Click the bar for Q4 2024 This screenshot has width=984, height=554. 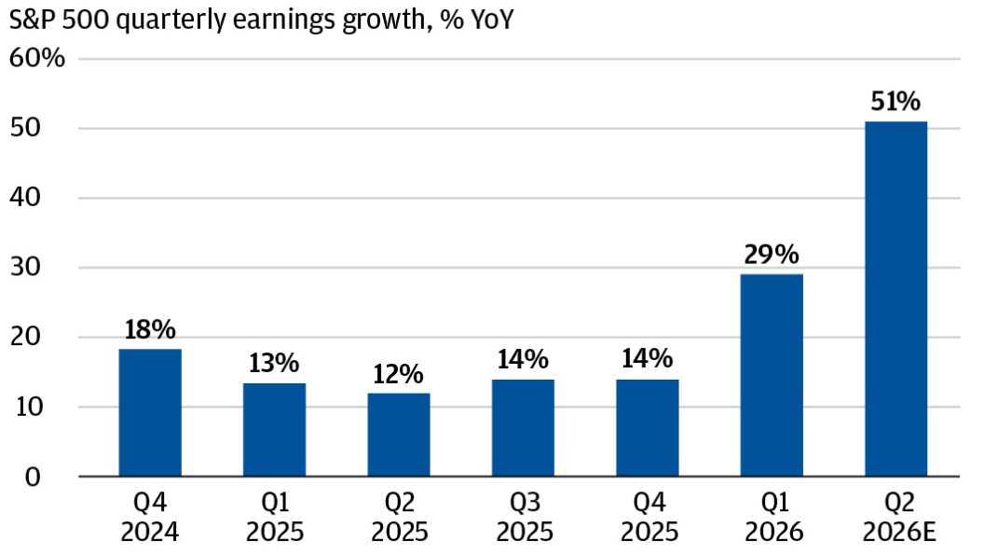tap(150, 412)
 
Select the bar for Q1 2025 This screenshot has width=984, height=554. tap(274, 430)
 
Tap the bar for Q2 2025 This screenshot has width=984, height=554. tap(399, 435)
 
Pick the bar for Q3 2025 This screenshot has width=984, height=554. tap(523, 428)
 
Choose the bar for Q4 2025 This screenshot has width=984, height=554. tap(647, 428)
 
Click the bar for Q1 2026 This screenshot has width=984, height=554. tap(772, 375)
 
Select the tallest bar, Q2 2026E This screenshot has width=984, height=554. tap(895, 299)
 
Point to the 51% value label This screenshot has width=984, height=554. tap(895, 101)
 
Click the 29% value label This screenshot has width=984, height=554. tap(772, 255)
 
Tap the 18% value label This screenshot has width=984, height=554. tap(150, 330)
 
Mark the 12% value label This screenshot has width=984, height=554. tap(399, 374)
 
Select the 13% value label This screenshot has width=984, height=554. tap(274, 363)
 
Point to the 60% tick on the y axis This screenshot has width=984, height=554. tap(37, 58)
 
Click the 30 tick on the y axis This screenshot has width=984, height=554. tap(25, 267)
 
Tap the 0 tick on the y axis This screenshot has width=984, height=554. tap(33, 477)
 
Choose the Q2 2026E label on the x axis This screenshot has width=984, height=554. tap(899, 518)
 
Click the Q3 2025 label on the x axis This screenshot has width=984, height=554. tap(525, 518)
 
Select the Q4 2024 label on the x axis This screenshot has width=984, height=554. tap(150, 518)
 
